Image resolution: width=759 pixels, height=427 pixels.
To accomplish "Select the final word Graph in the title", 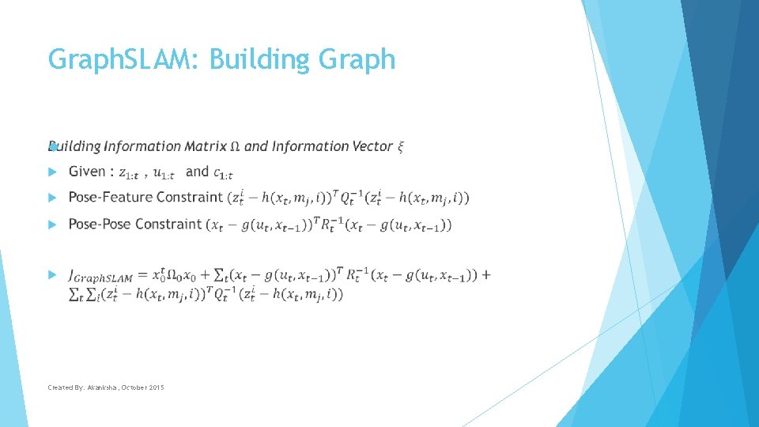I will tap(361, 59).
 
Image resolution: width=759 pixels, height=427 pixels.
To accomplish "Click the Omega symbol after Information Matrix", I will tap(236, 146).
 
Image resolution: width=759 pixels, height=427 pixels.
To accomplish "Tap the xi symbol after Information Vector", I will tap(400, 147).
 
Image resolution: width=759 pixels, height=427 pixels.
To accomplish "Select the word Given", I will tap(87, 172).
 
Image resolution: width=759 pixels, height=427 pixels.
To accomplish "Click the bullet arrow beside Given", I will tap(52, 172).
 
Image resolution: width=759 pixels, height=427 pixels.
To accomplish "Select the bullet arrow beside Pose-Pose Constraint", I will tap(52, 225).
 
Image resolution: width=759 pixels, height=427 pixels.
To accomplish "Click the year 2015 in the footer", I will tap(156, 387).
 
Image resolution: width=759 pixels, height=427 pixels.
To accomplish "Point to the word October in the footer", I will tap(133, 387).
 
